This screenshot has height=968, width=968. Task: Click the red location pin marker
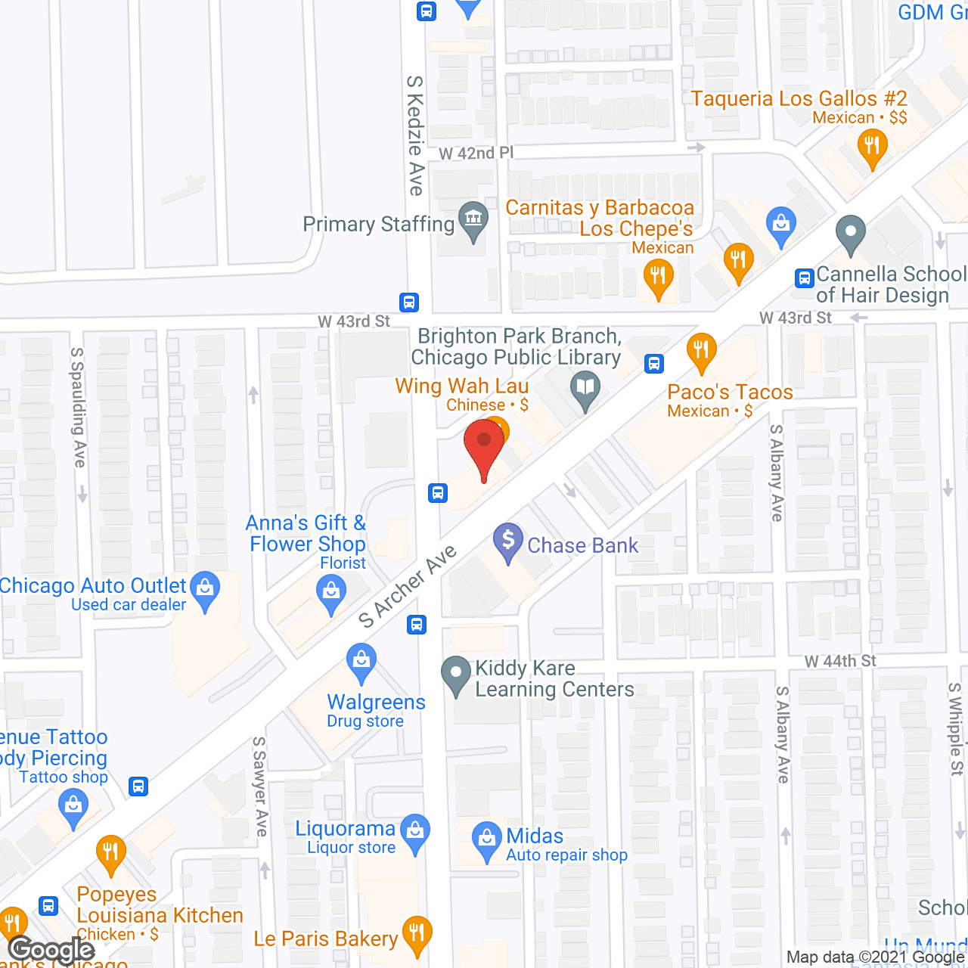484,446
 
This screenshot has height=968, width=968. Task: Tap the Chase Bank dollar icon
508,541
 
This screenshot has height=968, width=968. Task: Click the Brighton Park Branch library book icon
585,390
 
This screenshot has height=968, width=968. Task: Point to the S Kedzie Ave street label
415,136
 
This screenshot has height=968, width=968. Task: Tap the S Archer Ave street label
408,586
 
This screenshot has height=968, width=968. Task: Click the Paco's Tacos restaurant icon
702,351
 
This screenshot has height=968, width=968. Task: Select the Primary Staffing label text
378,225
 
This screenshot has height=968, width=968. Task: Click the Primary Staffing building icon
474,220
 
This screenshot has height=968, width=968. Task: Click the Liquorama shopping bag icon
414,832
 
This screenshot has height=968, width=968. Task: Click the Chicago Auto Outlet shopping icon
205,588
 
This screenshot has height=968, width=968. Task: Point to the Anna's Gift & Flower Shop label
307,533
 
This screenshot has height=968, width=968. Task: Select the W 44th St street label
840,661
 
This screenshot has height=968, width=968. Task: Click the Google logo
51,950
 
